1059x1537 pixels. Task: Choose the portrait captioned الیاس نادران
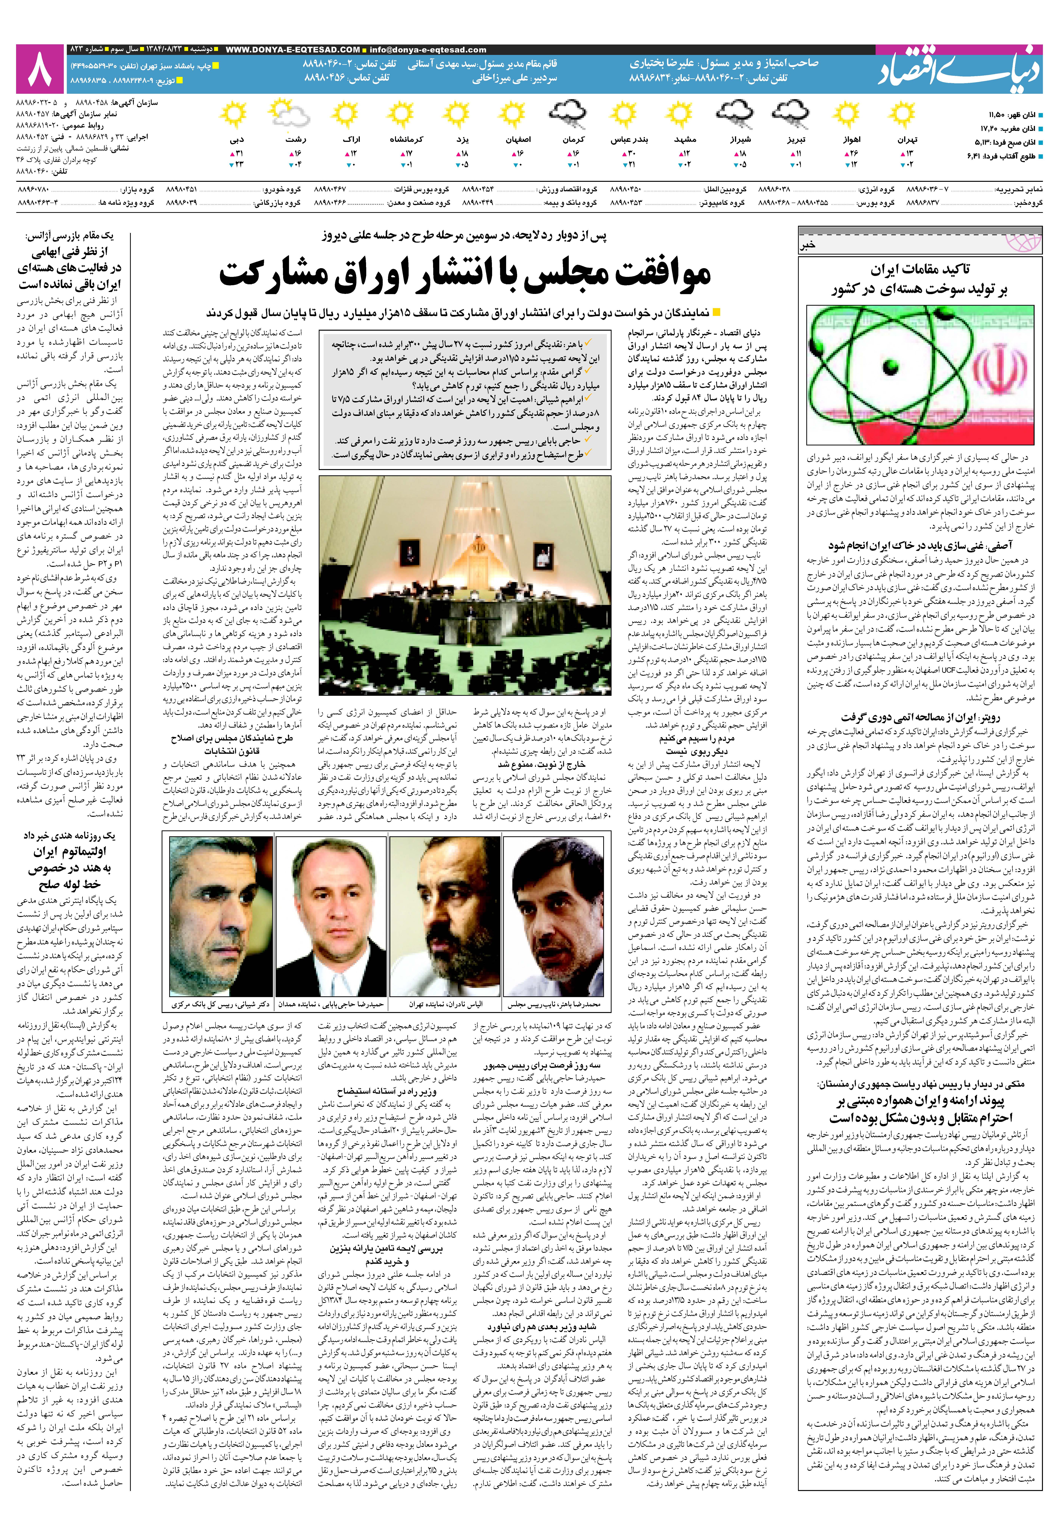point(445,916)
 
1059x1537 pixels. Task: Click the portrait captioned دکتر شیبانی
point(220,916)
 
